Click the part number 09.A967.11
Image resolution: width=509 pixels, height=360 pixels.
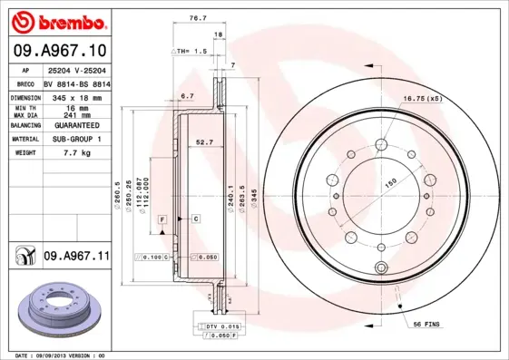click(x=75, y=257)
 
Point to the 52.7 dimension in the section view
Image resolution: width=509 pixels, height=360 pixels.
click(x=204, y=141)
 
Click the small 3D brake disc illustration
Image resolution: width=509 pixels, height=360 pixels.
click(x=56, y=309)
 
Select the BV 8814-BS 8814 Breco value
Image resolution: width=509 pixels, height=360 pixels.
click(x=79, y=82)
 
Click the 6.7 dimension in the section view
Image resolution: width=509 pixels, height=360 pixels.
click(x=188, y=95)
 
